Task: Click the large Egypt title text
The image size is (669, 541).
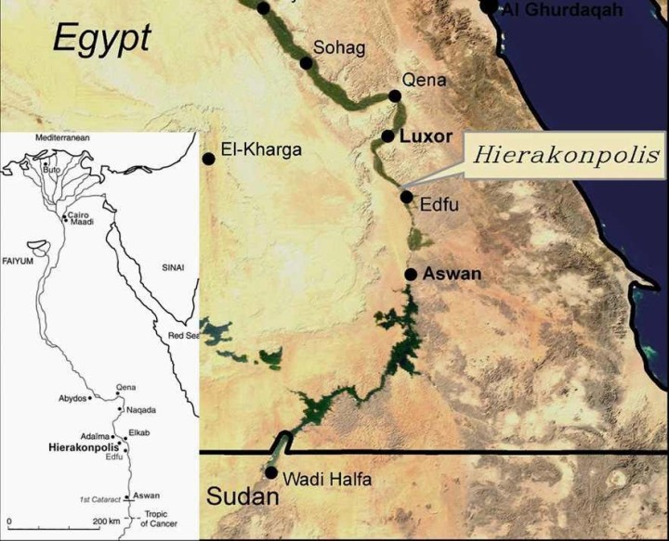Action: [x=101, y=38]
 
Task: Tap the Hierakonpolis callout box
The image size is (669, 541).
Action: [x=566, y=154]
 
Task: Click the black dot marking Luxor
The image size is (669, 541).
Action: [x=388, y=136]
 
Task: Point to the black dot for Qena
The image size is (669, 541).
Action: [x=395, y=96]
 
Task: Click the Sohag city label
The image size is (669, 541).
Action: [x=340, y=46]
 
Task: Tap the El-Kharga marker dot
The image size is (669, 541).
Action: [x=209, y=159]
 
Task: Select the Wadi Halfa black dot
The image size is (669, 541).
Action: [x=270, y=472]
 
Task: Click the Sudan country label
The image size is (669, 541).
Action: [x=243, y=496]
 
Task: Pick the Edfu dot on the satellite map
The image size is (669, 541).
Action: [x=406, y=196]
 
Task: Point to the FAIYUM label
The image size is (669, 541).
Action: [x=18, y=262]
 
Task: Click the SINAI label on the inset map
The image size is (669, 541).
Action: [x=174, y=267]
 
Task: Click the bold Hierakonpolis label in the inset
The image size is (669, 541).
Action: [x=78, y=446]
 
